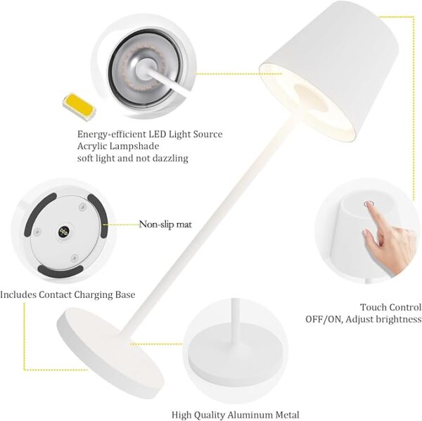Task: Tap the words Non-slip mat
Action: point(165,225)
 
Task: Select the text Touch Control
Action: point(390,307)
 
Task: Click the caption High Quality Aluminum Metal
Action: point(235,415)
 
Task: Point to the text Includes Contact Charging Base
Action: point(68,294)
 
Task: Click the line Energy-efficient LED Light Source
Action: point(149,134)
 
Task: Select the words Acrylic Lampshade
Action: point(118,146)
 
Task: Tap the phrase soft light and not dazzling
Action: point(132,158)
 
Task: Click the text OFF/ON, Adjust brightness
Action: point(363,319)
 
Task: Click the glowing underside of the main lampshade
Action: point(306,99)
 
